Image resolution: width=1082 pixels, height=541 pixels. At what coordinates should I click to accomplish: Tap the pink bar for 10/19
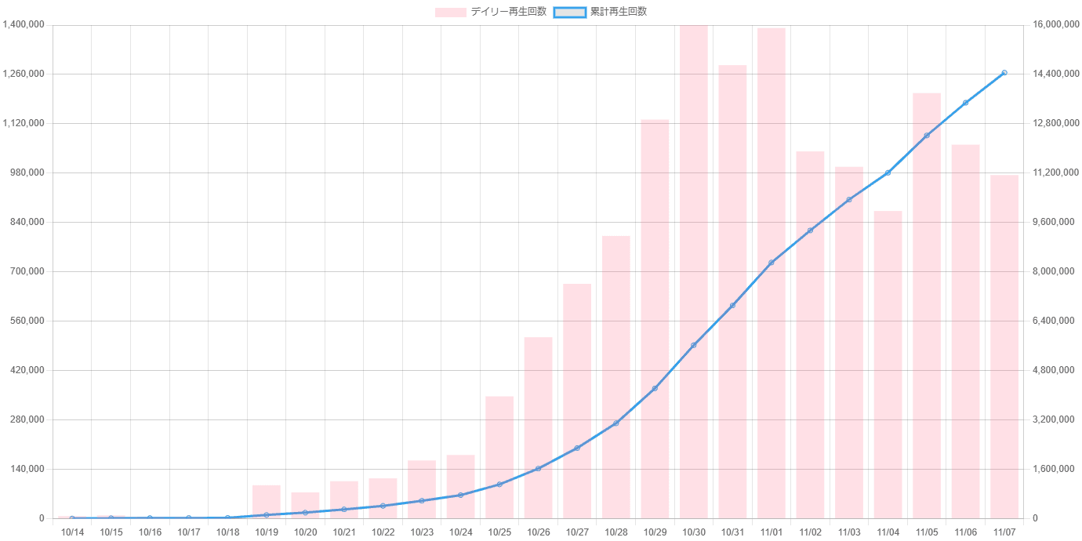(x=266, y=502)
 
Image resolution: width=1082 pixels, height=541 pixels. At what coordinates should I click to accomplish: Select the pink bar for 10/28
(x=615, y=377)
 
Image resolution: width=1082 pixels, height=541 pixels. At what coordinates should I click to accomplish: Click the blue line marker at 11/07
(x=1004, y=73)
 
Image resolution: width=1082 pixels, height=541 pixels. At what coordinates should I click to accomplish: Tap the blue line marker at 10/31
(x=732, y=305)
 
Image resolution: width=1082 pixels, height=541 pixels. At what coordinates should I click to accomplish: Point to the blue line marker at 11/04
(x=888, y=172)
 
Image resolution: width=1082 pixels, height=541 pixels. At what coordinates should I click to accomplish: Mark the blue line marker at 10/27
(x=577, y=448)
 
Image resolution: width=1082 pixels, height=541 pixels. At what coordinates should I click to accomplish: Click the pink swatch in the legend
(x=451, y=12)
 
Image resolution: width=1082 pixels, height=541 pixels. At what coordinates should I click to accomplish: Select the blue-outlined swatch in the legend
(x=569, y=12)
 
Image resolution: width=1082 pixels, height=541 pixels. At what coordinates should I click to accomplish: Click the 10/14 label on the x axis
(x=72, y=532)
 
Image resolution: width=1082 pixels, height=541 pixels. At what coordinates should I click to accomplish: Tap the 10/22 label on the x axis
(x=383, y=532)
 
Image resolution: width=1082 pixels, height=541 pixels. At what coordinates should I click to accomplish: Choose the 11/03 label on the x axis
(x=848, y=532)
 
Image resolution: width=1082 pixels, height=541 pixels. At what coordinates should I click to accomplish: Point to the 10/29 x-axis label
(x=655, y=532)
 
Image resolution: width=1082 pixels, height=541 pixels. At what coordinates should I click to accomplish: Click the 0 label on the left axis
(x=42, y=518)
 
